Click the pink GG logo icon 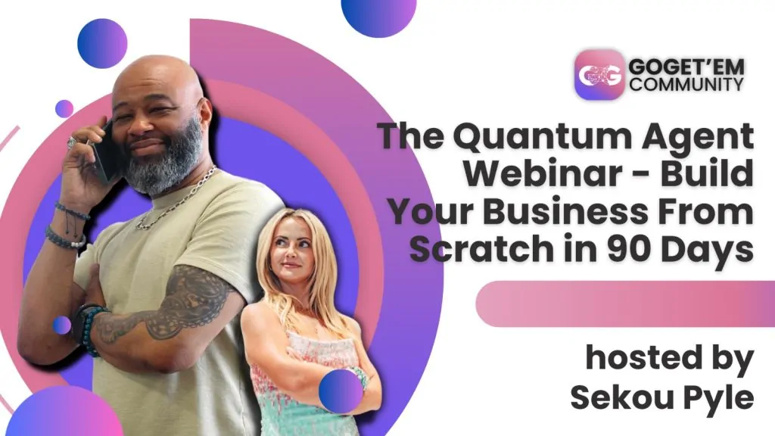pos(599,75)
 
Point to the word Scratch pos(481,248)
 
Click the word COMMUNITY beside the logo pos(686,83)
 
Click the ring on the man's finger pos(72,143)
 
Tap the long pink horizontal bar pos(625,304)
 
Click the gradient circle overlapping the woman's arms pos(341,391)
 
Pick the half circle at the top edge pos(378,16)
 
